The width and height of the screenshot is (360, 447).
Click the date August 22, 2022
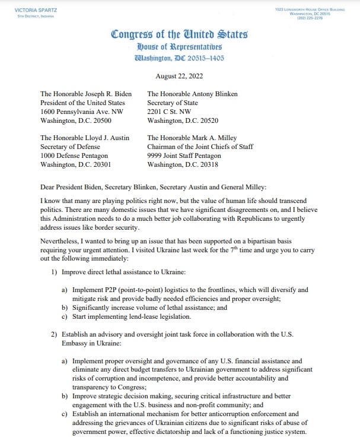180,76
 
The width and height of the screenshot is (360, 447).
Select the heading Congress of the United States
179,34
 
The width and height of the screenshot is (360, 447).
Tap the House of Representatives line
179,46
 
